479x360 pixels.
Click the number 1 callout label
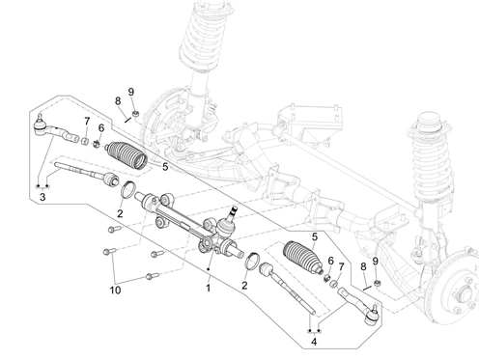tap(209, 288)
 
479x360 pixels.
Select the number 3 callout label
tap(42, 197)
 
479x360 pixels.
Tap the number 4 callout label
tap(314, 342)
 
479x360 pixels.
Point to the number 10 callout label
tap(115, 291)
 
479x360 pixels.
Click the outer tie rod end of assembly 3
tap(56, 130)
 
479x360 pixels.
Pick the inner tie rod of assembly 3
tap(86, 173)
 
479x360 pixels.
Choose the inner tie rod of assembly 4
tap(287, 287)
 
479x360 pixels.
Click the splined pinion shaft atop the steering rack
tap(234, 213)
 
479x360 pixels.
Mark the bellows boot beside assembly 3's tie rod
tap(127, 155)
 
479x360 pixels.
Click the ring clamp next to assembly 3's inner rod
tap(127, 190)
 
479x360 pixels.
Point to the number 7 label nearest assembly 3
tap(87, 122)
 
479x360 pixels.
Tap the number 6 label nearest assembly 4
tap(330, 261)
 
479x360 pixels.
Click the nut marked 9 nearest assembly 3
tap(136, 113)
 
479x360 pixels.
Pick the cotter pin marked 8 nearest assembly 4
tap(367, 288)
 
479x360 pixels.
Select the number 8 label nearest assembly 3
tap(118, 101)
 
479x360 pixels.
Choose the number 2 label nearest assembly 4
tap(244, 285)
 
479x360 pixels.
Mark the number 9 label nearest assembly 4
tap(375, 262)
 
